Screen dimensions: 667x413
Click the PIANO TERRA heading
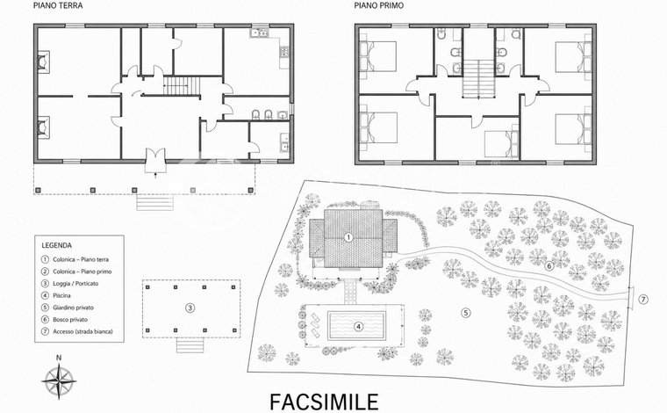click(x=58, y=6)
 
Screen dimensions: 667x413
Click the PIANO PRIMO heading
click(x=379, y=6)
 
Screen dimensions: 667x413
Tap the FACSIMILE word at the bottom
click(x=324, y=402)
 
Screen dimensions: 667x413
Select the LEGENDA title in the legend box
click(x=56, y=245)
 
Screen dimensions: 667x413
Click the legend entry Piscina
click(x=61, y=295)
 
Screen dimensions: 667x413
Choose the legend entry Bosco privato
click(x=70, y=319)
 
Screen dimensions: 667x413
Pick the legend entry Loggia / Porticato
click(x=75, y=284)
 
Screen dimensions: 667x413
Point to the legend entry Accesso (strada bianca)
click(x=83, y=331)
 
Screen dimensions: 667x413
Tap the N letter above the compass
click(x=59, y=358)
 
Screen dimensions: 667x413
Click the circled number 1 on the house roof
click(x=348, y=237)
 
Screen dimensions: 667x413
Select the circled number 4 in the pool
click(x=359, y=327)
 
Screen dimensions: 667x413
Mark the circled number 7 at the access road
click(x=643, y=300)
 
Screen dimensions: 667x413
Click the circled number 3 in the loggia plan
click(x=190, y=308)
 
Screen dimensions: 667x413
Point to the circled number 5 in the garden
click(x=466, y=313)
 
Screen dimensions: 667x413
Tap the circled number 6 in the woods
click(x=549, y=266)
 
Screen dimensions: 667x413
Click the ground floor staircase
click(x=182, y=86)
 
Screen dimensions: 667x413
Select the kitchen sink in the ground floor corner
click(x=260, y=33)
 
